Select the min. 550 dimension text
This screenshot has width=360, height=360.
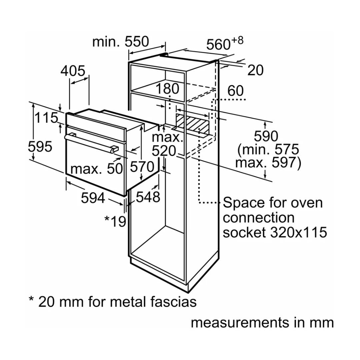(x=120, y=42)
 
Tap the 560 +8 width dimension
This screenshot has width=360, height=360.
(x=224, y=44)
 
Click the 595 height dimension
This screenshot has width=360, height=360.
(x=40, y=147)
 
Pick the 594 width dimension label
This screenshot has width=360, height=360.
(x=93, y=198)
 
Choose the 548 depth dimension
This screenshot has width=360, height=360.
(x=148, y=197)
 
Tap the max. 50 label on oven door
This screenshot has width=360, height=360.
(x=97, y=169)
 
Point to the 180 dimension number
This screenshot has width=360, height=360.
(x=168, y=89)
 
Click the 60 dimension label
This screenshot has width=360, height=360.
(x=236, y=91)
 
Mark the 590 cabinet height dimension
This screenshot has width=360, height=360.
(x=266, y=136)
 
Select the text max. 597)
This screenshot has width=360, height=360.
(x=268, y=163)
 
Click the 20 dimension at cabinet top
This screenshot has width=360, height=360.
(x=256, y=70)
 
